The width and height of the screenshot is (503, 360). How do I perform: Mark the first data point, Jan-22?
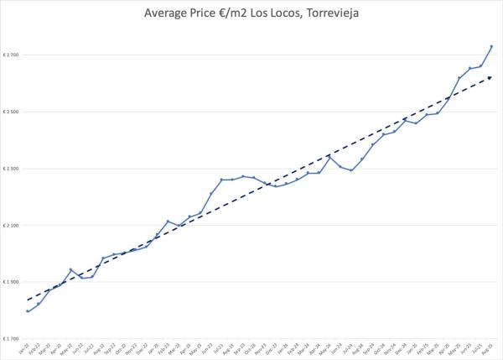coord(28,311)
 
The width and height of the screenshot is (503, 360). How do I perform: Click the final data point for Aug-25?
coord(491,46)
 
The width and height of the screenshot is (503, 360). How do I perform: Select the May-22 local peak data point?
coord(70,269)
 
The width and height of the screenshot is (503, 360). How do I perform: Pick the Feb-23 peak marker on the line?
coord(168,222)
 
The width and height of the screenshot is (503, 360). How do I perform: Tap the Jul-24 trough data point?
coord(351,170)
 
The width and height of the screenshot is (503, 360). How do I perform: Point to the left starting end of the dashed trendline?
coord(28,300)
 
